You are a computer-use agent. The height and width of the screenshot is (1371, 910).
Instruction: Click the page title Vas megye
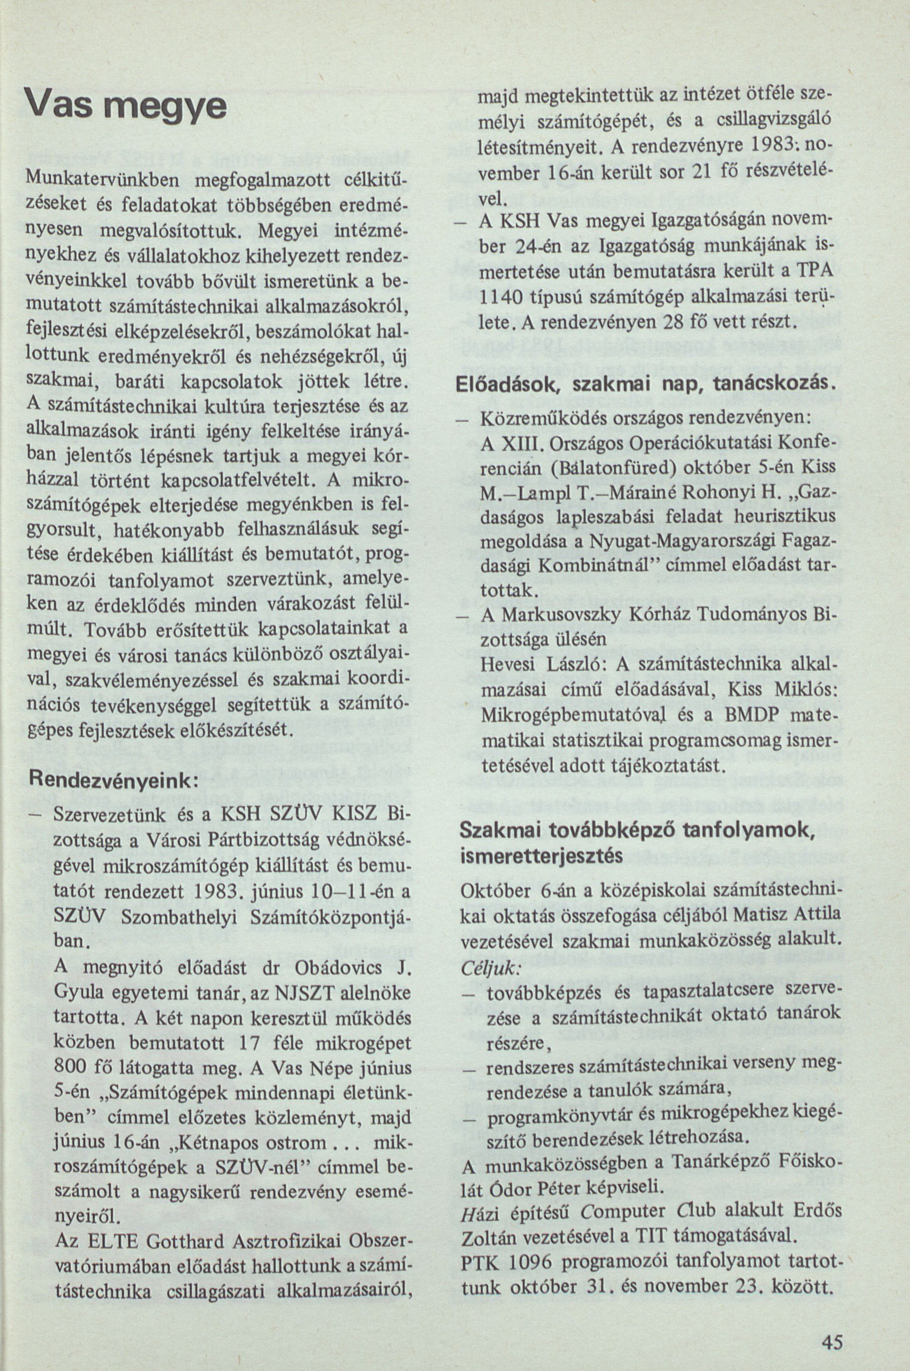pyautogui.click(x=127, y=106)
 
